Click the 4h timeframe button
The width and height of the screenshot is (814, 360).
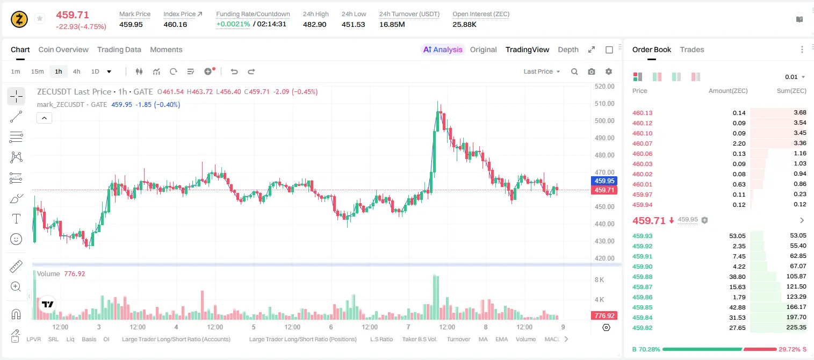(x=76, y=71)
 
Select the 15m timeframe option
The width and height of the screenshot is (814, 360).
(x=37, y=71)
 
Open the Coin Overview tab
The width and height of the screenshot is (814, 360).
(x=63, y=49)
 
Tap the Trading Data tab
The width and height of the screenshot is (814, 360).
(x=119, y=49)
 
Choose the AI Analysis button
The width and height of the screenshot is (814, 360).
(x=443, y=49)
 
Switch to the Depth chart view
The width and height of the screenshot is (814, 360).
(x=568, y=49)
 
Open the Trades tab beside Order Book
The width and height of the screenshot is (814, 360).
(x=692, y=49)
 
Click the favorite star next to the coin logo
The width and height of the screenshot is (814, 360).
(x=40, y=18)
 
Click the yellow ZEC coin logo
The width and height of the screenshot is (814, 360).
(x=19, y=19)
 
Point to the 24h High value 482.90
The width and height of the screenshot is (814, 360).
(x=315, y=24)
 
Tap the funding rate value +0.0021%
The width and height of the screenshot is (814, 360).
(x=233, y=24)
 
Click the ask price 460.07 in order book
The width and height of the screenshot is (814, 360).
(x=642, y=143)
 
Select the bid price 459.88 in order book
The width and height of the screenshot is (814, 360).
(x=642, y=277)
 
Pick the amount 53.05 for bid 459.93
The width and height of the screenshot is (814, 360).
(x=737, y=236)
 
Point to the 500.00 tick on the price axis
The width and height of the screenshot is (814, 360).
(x=604, y=120)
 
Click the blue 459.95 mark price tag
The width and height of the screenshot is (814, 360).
(x=604, y=181)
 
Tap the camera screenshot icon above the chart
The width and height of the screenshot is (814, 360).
(x=592, y=71)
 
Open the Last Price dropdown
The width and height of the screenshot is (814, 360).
(x=542, y=71)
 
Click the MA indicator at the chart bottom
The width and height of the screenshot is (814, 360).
(x=483, y=339)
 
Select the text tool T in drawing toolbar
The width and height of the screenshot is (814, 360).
(x=16, y=219)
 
